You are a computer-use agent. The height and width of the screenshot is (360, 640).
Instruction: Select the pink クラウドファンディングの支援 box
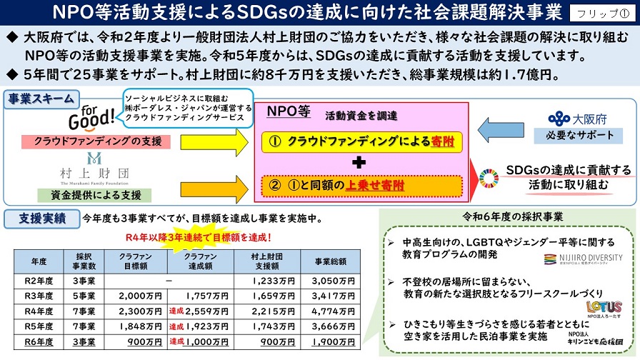click(x=96, y=141)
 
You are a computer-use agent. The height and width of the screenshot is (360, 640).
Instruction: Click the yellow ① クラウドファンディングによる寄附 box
click(x=359, y=142)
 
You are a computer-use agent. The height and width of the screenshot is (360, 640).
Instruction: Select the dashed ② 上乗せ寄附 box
click(x=359, y=185)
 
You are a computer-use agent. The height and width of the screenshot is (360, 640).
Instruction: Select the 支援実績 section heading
click(x=36, y=217)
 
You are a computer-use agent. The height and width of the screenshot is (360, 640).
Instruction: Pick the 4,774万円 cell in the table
click(x=330, y=311)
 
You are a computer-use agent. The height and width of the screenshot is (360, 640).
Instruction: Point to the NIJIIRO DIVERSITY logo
click(x=582, y=258)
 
